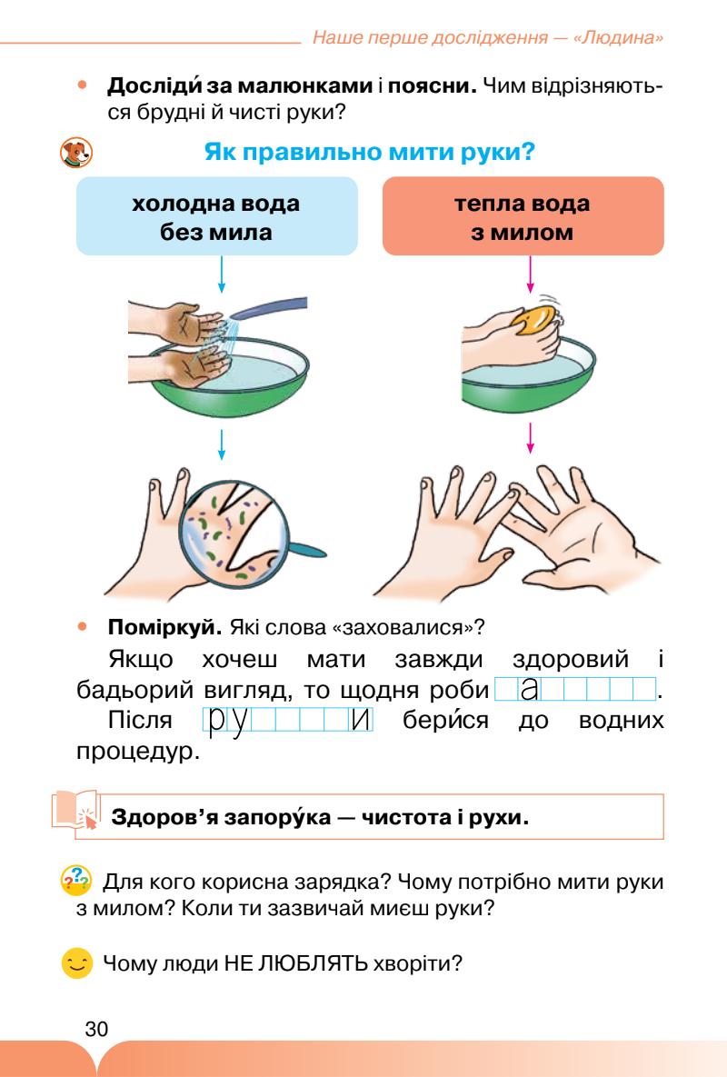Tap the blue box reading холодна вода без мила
215,217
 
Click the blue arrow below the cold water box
222,276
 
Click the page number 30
96,1029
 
